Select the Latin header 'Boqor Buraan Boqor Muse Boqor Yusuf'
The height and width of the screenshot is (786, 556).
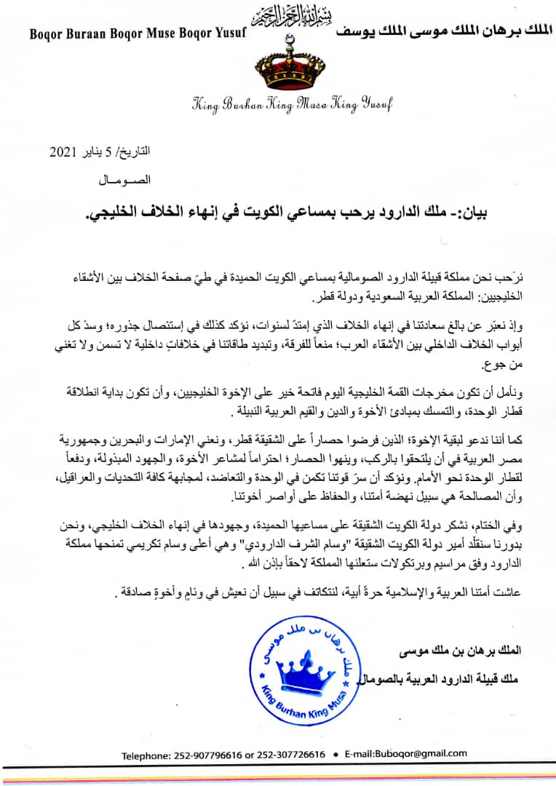click(x=138, y=33)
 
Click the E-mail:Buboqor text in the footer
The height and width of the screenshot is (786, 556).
click(x=397, y=755)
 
